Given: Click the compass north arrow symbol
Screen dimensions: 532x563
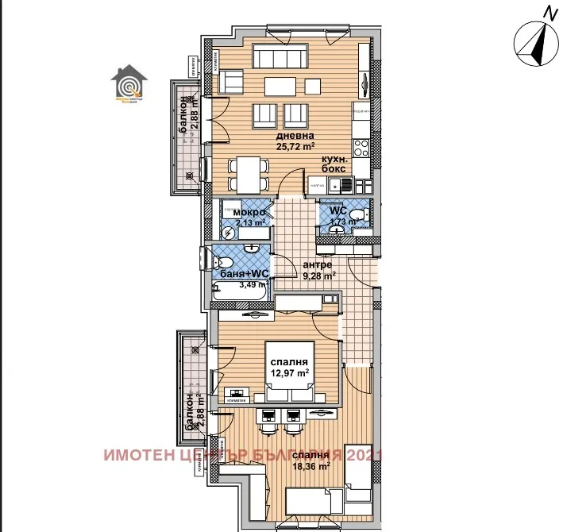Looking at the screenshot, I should tap(536, 44).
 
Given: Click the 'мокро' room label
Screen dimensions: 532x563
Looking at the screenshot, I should tap(249, 213).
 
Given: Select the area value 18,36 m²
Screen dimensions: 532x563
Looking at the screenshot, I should tap(310, 466).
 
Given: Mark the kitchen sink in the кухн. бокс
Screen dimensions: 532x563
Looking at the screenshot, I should tap(345, 185).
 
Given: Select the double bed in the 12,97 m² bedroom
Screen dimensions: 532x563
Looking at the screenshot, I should tap(289, 373).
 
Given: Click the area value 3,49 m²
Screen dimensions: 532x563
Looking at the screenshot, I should tap(247, 285).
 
